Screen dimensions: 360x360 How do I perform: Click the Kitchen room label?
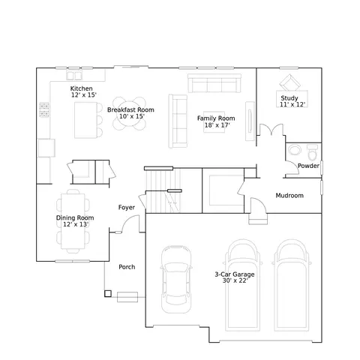[x=82, y=88]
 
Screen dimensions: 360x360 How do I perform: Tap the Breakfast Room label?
[x=130, y=109]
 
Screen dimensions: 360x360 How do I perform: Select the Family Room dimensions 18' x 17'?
[x=217, y=125]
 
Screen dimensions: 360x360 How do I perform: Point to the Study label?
[x=289, y=98]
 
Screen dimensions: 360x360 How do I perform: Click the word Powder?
[x=308, y=166]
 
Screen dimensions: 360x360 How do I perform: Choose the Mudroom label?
[x=289, y=196]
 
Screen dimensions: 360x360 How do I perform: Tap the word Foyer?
[x=127, y=208]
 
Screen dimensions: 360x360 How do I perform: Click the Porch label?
[x=127, y=267]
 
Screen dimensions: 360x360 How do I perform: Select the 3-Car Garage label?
[x=235, y=274]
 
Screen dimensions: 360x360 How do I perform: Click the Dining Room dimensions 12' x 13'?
[x=76, y=224]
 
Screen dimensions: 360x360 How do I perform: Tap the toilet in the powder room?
[x=312, y=152]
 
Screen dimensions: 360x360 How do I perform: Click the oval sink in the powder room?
[x=295, y=150]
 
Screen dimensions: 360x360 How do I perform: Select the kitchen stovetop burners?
[x=44, y=109]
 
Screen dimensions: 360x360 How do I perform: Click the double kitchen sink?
[x=74, y=75]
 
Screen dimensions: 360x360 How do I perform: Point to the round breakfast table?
[x=129, y=113]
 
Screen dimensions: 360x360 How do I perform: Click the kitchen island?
[x=85, y=120]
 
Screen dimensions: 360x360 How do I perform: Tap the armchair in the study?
[x=290, y=82]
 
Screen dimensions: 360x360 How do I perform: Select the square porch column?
[x=108, y=293]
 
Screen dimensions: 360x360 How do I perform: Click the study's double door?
[x=271, y=130]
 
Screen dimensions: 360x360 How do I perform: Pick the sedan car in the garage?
[x=176, y=279]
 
